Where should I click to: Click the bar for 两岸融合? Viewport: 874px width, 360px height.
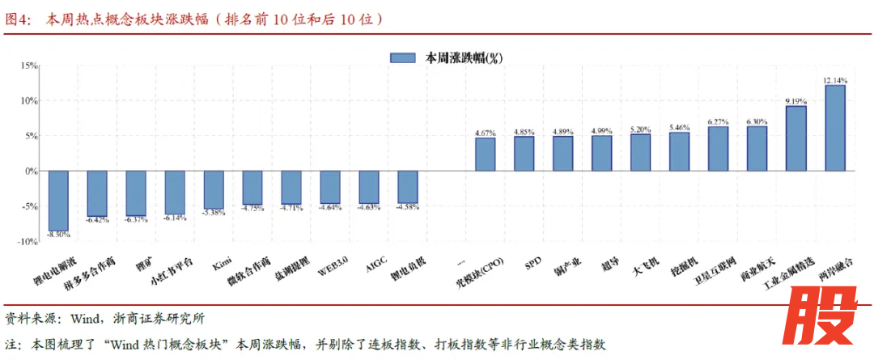tap(834, 128)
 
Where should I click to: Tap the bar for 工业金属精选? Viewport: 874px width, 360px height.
tap(796, 138)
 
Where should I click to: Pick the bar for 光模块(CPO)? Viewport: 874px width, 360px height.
tap(485, 154)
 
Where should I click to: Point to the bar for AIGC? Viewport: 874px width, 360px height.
tap(368, 187)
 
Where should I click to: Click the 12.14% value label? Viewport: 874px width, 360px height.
tap(834, 80)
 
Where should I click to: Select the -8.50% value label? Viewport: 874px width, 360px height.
tap(58, 235)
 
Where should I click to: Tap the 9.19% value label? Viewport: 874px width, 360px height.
tap(796, 101)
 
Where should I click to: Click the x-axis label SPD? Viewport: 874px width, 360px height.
tap(532, 263)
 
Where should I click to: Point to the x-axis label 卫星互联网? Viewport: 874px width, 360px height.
tap(715, 273)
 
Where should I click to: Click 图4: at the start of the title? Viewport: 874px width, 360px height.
tap(18, 18)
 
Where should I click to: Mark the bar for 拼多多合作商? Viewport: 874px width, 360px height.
tap(97, 193)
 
